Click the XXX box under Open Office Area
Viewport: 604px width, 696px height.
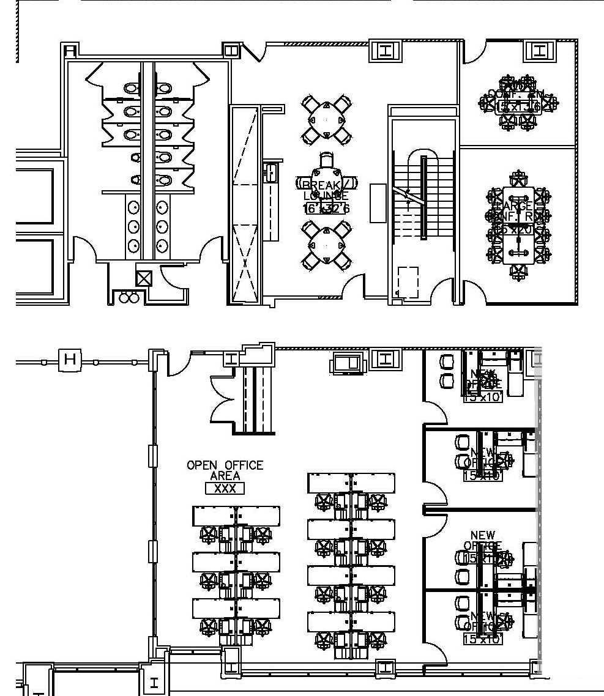[225, 488]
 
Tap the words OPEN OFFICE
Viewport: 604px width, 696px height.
[225, 465]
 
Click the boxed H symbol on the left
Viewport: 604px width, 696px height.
[70, 359]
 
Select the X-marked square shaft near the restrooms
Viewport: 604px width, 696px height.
[144, 279]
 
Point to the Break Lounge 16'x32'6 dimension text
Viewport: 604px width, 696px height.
[326, 208]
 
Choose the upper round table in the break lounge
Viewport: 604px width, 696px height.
[326, 119]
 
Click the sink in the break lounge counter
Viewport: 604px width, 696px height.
[270, 172]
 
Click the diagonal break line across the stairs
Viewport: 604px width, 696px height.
[408, 197]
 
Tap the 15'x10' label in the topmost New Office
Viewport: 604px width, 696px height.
[483, 398]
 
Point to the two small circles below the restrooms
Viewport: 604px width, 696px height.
[129, 298]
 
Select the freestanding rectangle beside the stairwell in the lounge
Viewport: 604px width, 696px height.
[378, 202]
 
